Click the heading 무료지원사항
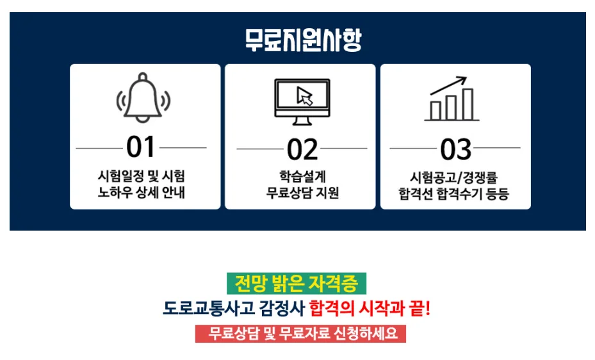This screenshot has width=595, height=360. pyautogui.click(x=303, y=40)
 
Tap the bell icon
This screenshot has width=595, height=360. pyautogui.click(x=143, y=98)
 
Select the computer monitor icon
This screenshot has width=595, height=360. pyautogui.click(x=302, y=101)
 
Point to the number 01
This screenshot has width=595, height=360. pyautogui.click(x=141, y=148)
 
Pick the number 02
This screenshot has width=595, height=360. pyautogui.click(x=302, y=149)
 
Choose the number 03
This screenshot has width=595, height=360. pyautogui.click(x=455, y=149)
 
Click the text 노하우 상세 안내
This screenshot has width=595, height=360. pyautogui.click(x=142, y=192)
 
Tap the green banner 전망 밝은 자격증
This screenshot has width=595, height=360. pyautogui.click(x=296, y=282)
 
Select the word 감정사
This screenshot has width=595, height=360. pyautogui.click(x=281, y=309)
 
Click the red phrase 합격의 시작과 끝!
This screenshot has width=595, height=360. pyautogui.click(x=370, y=309)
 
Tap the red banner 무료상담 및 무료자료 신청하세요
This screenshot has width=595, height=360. pyautogui.click(x=300, y=334)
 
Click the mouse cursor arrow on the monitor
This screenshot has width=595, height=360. pyautogui.click(x=305, y=96)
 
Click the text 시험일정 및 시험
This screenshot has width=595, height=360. pyautogui.click(x=142, y=176)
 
